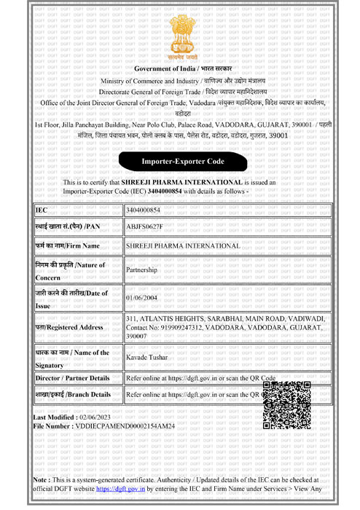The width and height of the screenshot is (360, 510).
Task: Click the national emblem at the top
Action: point(179,35)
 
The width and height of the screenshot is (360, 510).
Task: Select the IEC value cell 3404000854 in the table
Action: point(143,210)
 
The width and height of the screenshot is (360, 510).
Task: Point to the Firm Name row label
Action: point(67,246)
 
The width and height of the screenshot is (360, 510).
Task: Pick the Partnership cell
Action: point(142,270)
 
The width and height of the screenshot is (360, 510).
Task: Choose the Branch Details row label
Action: point(73,394)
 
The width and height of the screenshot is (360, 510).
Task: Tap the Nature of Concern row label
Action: point(70,270)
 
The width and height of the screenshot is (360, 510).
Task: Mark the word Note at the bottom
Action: point(41,482)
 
